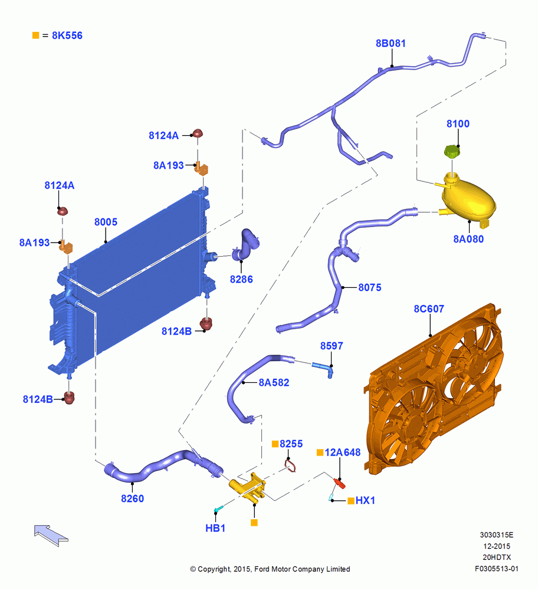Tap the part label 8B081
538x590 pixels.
(391, 43)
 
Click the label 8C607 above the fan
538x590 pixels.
(429, 309)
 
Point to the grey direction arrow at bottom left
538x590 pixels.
(51, 535)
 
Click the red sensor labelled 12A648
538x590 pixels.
(339, 483)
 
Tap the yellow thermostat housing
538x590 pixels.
(248, 488)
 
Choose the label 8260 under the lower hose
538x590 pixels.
(132, 498)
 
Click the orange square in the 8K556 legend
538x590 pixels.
(36, 35)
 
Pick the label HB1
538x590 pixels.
(215, 528)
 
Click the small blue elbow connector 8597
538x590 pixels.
(324, 368)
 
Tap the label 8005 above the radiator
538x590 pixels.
(106, 222)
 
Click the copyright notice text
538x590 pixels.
(270, 569)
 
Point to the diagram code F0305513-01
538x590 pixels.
(497, 569)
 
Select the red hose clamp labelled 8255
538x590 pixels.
(290, 466)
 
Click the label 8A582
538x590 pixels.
(274, 382)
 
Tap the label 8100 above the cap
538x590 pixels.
(458, 123)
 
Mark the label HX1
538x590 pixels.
(365, 500)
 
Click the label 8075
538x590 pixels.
(370, 287)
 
